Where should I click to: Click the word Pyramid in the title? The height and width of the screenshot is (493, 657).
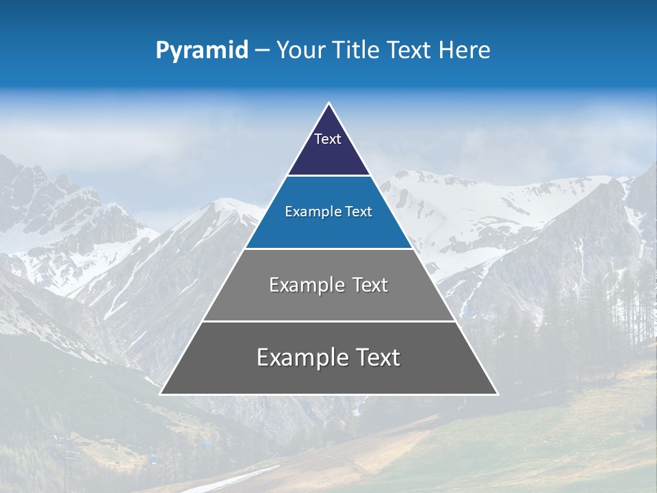click(201, 51)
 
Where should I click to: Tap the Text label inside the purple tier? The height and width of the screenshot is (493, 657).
click(328, 139)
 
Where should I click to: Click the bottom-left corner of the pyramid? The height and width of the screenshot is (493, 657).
click(161, 394)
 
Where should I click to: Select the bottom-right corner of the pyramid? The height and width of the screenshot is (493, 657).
click(497, 394)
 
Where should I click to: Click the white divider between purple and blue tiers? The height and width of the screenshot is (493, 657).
click(328, 176)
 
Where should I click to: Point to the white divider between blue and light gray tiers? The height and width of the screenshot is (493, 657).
click(328, 249)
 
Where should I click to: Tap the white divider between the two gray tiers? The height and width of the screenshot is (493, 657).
click(328, 321)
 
